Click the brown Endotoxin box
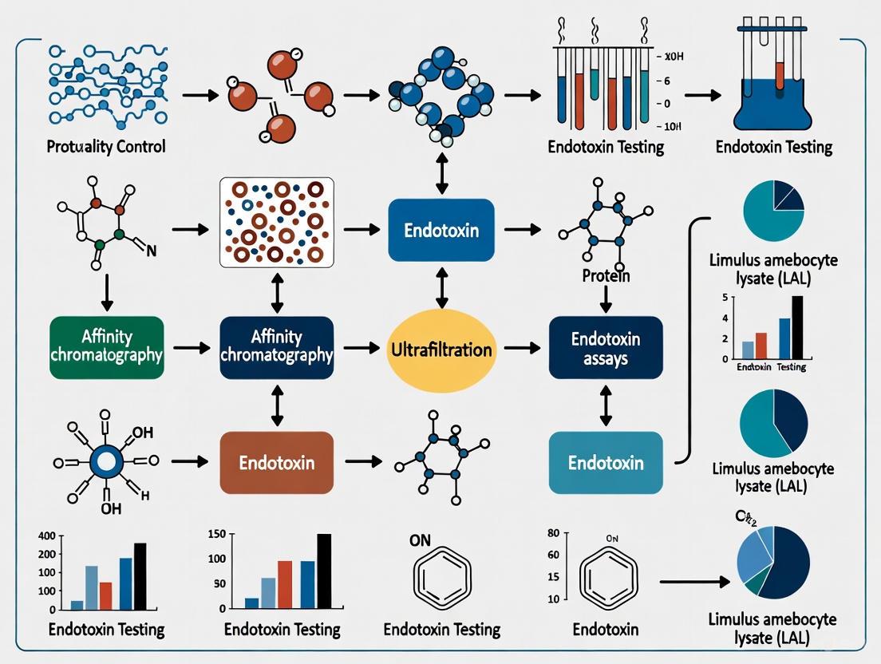click(x=276, y=462)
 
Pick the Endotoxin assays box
click(x=606, y=348)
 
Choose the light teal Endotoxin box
click(x=606, y=462)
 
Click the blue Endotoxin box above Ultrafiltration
click(x=441, y=231)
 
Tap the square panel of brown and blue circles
click(x=277, y=223)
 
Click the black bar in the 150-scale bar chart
click(x=324, y=571)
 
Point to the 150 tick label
click(x=217, y=534)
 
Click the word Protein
click(x=606, y=276)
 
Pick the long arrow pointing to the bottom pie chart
click(x=693, y=583)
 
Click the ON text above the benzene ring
click(x=420, y=540)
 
